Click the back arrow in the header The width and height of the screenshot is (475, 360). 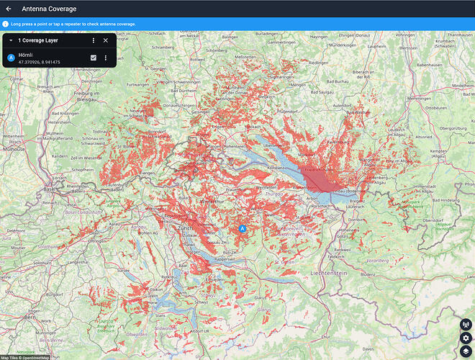(x=9, y=9)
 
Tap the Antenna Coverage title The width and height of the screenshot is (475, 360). (x=49, y=9)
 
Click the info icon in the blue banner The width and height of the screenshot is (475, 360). (x=6, y=24)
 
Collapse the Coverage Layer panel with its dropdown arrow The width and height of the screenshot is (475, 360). (x=11, y=41)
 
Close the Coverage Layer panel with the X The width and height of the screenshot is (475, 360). (x=106, y=41)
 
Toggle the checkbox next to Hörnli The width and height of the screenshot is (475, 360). (x=94, y=58)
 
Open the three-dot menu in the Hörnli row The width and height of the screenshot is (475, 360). (x=106, y=58)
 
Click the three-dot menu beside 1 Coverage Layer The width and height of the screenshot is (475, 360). (x=94, y=41)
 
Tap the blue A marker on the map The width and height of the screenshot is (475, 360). (x=243, y=228)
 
